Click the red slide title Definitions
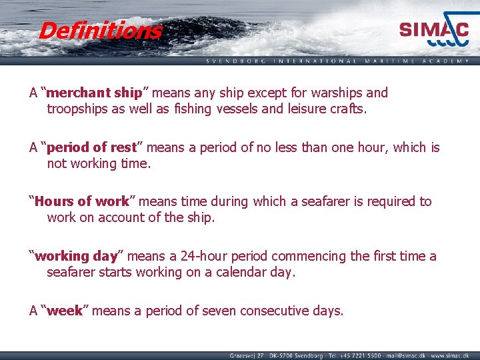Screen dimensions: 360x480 coord(100,31)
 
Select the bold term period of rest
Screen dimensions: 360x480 coord(91,147)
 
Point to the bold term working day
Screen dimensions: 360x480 coord(76,256)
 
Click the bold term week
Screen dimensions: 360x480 coord(65,311)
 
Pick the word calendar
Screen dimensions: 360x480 coord(232,273)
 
